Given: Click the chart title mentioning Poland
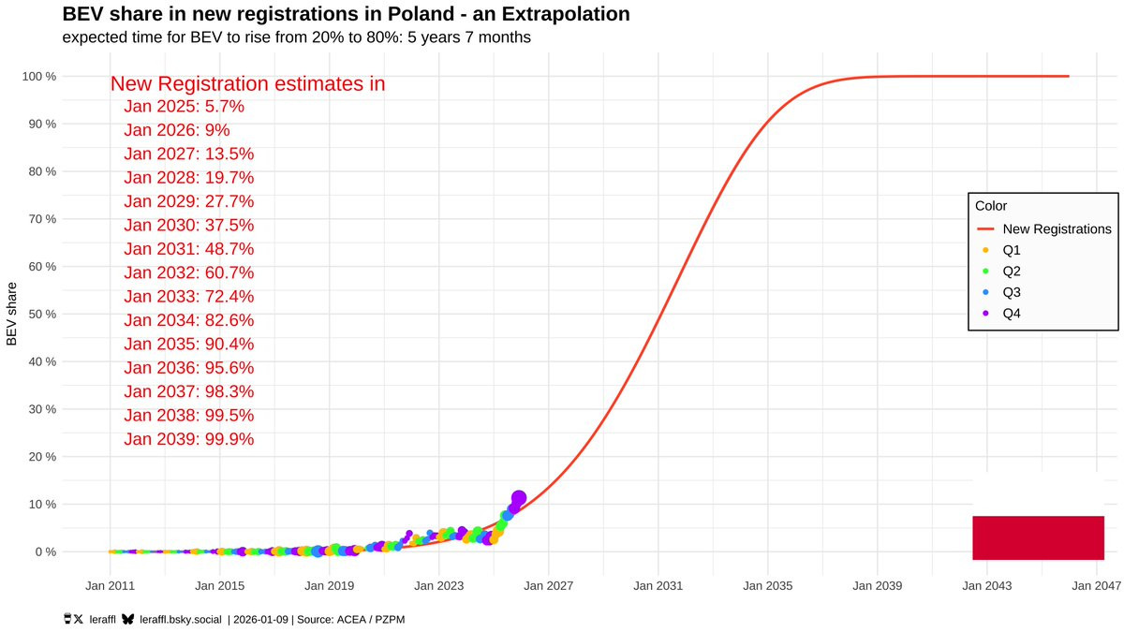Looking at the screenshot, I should [346, 14].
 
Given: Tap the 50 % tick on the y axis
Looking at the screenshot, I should [40, 314].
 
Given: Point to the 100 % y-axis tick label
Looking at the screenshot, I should [37, 76].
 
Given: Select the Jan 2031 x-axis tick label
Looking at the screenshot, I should [658, 586].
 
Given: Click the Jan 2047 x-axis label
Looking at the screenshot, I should [1096, 586].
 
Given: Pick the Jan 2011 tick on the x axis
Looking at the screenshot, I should [110, 586].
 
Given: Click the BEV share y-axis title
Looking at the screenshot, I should [12, 314].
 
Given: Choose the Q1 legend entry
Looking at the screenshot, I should [1011, 250].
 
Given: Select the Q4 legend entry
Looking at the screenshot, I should [1011, 314].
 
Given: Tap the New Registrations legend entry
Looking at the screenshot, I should [1056, 228].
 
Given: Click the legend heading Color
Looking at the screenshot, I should [990, 206].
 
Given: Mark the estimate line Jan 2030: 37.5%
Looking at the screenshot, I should [188, 225].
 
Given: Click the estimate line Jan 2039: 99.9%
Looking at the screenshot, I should [188, 438].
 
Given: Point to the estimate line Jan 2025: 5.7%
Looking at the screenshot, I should [184, 106].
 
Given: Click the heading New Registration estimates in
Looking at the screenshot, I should [247, 83].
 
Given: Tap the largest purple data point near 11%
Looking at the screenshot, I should [519, 498].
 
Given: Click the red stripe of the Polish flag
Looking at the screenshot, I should [1038, 537].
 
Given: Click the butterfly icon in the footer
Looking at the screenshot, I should [126, 619].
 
